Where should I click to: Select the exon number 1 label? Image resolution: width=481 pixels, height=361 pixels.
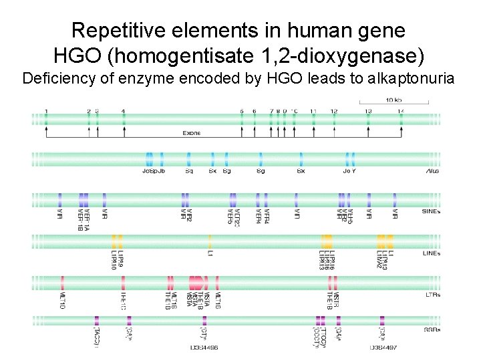point(46,111)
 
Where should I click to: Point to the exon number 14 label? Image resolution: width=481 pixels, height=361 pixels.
point(401,111)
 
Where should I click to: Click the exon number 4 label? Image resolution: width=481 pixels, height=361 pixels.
point(124,111)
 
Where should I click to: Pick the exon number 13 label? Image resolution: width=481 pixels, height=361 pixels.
point(368,111)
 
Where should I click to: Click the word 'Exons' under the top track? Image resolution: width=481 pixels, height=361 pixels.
point(192,133)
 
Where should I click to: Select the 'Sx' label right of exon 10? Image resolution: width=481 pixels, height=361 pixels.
point(301,171)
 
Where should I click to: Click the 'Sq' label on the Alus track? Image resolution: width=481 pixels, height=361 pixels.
point(189,171)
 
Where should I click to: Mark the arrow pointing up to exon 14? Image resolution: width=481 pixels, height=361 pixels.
point(401,131)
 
